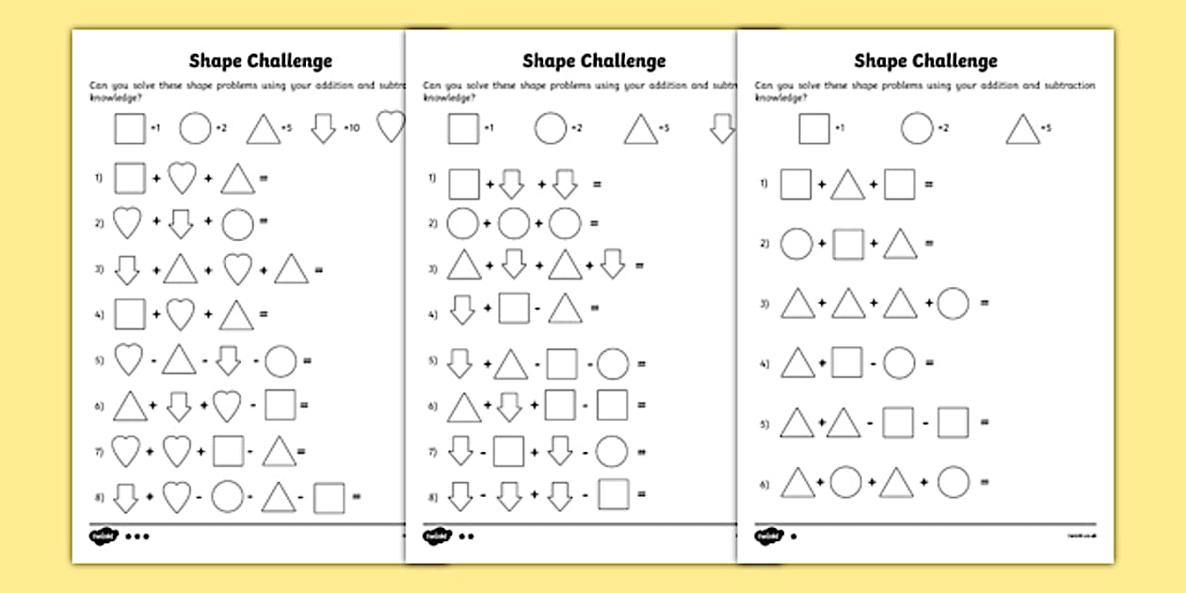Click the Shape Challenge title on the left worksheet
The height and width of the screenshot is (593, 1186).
261,61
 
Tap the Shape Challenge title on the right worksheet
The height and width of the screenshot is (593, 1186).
925,61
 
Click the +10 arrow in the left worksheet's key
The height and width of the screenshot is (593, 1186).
324,128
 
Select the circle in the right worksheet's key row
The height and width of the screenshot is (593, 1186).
917,128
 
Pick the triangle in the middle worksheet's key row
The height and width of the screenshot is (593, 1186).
641,129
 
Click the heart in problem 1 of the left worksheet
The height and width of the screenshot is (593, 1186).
181,178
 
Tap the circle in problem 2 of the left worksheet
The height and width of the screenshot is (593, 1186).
238,224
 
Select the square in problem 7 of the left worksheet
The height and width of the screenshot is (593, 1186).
229,451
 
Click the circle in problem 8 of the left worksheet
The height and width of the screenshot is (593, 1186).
228,497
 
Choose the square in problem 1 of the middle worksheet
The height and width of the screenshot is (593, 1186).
464,183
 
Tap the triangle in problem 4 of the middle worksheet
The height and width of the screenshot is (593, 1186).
566,308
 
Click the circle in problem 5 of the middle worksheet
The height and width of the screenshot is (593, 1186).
613,363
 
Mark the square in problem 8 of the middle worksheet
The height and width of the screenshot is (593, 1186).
613,493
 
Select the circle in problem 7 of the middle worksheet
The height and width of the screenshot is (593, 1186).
612,451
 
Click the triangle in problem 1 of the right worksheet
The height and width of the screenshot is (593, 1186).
846,184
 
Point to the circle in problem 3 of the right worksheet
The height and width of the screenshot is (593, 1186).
953,303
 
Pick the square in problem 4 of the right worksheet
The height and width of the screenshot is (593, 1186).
847,362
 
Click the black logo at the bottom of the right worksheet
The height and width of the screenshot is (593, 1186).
768,536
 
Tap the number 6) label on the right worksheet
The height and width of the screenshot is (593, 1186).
764,484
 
